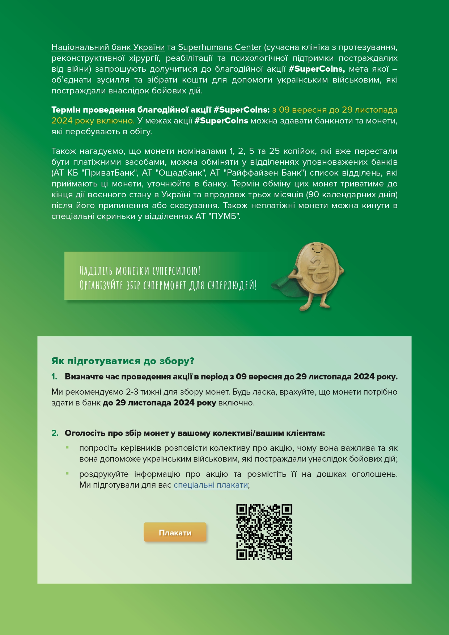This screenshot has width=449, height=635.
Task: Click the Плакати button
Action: click(x=175, y=533)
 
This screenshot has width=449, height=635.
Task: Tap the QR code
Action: click(x=264, y=532)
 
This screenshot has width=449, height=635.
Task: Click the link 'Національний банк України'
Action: click(x=108, y=47)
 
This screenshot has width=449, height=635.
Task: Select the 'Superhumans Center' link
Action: click(x=220, y=47)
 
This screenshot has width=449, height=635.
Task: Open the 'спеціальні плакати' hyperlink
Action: click(x=211, y=485)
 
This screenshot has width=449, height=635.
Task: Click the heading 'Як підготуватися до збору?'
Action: click(x=123, y=361)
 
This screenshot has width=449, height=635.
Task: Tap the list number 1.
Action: click(x=54, y=377)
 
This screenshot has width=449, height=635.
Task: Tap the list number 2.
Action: click(x=55, y=433)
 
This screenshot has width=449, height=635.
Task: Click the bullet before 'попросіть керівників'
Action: click(x=67, y=448)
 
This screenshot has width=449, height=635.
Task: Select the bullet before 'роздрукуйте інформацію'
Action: click(x=67, y=474)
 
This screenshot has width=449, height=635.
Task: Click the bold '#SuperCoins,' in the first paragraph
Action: click(x=317, y=69)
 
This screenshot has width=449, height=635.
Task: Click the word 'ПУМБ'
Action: click(x=224, y=216)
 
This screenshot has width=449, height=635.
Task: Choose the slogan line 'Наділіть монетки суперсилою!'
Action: click(x=140, y=270)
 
